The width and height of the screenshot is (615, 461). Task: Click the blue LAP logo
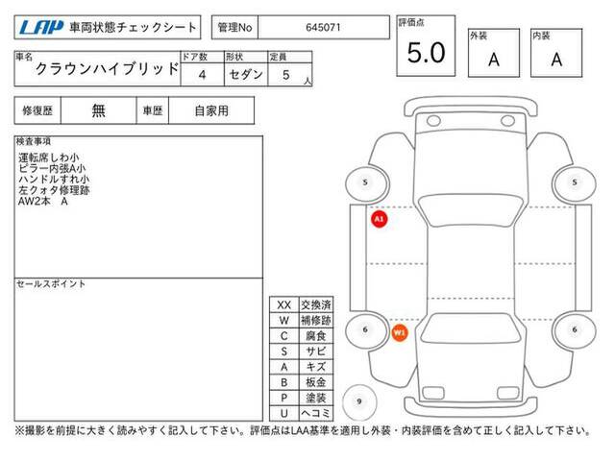(x=41, y=28)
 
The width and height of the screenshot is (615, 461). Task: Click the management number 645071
(x=323, y=28)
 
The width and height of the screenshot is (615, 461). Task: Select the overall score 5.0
(x=426, y=53)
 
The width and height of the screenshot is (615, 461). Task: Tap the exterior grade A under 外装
(x=494, y=60)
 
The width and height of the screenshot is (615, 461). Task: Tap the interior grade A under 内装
(x=556, y=60)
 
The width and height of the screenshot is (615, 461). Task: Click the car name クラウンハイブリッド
(x=107, y=69)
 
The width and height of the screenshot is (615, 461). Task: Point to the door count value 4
(x=202, y=75)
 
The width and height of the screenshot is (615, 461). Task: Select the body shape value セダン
(x=246, y=74)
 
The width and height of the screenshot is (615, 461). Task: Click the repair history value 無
(x=98, y=111)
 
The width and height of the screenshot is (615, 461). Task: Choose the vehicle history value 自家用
(x=211, y=111)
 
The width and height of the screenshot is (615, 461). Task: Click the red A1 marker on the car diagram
(x=379, y=219)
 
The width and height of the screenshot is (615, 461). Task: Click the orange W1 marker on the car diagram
(x=400, y=333)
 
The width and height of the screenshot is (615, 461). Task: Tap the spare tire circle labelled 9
(x=359, y=401)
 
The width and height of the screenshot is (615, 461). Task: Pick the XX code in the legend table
(x=284, y=305)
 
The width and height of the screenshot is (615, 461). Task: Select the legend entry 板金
(x=316, y=382)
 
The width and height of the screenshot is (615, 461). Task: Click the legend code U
(x=284, y=413)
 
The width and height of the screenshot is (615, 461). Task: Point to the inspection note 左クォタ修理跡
(x=54, y=190)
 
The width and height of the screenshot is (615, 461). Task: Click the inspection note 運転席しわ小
(x=49, y=158)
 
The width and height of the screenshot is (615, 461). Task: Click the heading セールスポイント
(x=51, y=284)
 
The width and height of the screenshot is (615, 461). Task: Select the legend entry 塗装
(x=316, y=398)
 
